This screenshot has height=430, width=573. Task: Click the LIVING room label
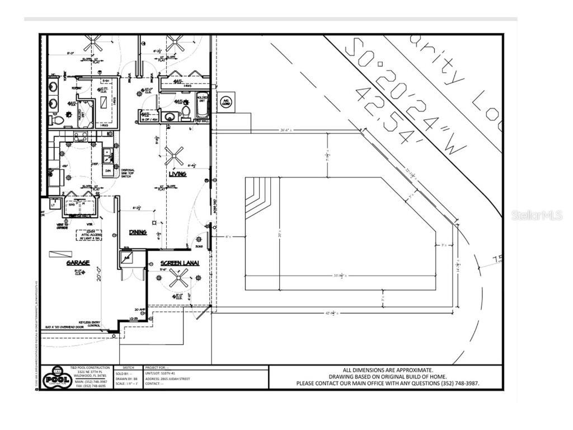pyautogui.click(x=178, y=174)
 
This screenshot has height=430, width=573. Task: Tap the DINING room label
pyautogui.click(x=138, y=232)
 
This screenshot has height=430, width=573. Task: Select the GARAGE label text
pyautogui.click(x=78, y=263)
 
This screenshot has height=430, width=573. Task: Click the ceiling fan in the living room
pyautogui.click(x=174, y=156)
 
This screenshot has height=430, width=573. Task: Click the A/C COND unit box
pyautogui.click(x=226, y=101)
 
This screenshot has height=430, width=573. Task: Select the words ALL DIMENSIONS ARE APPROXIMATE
pyautogui.click(x=387, y=370)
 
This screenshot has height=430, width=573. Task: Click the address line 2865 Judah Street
pyautogui.click(x=168, y=379)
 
